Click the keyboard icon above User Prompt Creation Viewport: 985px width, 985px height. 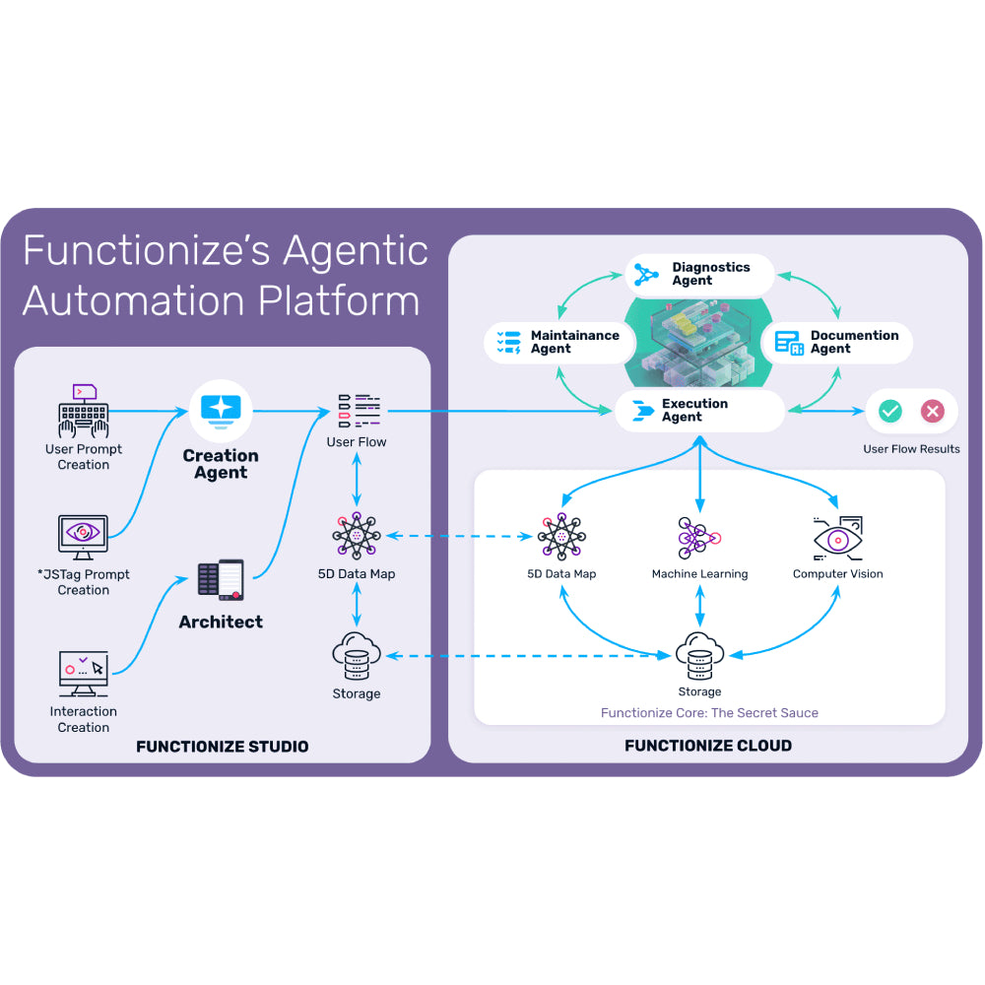click(84, 413)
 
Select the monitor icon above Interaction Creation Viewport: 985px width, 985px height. click(83, 674)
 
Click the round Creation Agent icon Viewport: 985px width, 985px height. click(221, 410)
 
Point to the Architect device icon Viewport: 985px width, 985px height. click(221, 580)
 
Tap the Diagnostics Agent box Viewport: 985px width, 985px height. click(699, 274)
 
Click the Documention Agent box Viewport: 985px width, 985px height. click(837, 342)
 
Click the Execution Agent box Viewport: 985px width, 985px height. click(699, 411)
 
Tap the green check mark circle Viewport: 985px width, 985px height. click(890, 411)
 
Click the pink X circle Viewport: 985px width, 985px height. click(932, 411)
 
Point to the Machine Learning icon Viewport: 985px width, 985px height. click(699, 538)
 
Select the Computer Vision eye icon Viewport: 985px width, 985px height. click(838, 538)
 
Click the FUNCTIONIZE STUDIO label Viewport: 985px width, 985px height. click(223, 747)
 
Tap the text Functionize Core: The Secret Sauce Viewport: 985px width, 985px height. click(709, 712)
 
